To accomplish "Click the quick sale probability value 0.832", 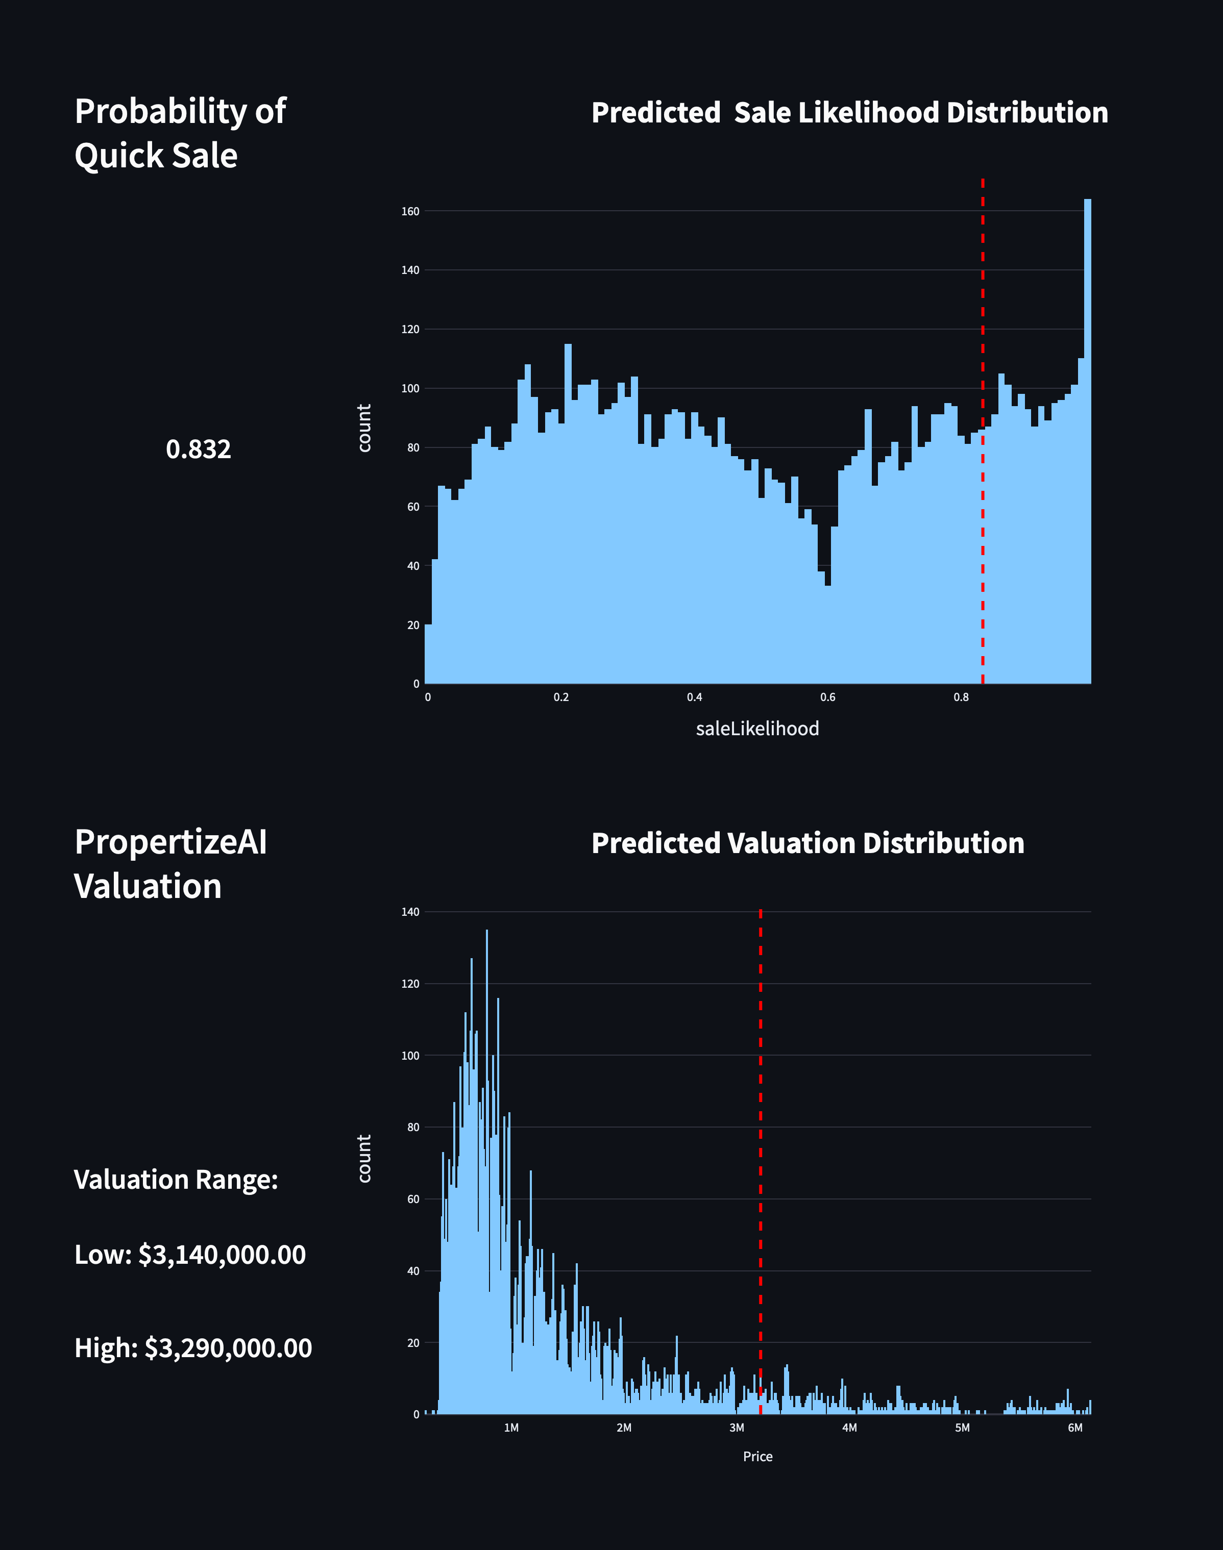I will (x=199, y=449).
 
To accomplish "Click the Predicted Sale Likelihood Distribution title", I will (x=849, y=113).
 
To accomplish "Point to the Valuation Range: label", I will (x=176, y=1179).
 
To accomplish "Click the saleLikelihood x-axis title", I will (x=757, y=729).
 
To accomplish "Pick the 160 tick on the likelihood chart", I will (x=410, y=211).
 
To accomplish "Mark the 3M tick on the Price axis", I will (x=736, y=1428).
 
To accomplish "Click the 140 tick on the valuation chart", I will (x=410, y=912).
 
